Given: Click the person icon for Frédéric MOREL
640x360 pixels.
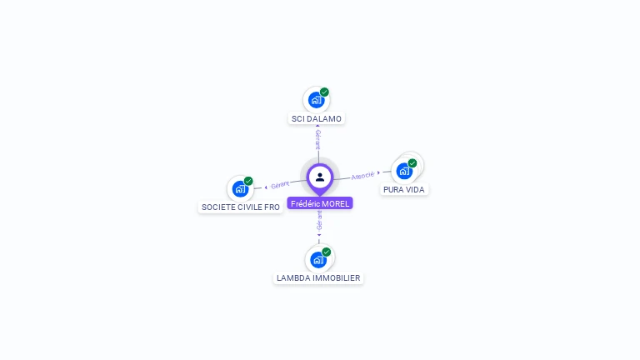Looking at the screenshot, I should tap(320, 177).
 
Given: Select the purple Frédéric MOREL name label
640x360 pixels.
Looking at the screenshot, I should tap(320, 203).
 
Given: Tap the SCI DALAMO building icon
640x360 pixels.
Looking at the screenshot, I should tap(316, 100).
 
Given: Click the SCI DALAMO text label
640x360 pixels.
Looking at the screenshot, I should tap(317, 119).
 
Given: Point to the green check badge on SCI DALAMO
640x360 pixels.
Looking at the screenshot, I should tap(324, 92).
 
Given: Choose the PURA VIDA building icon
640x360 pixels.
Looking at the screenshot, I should tap(404, 172).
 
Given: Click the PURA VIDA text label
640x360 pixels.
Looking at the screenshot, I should tap(404, 190).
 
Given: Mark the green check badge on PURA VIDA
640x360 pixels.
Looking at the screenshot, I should tap(412, 163).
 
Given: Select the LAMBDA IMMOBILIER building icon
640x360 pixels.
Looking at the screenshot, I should tap(317, 259).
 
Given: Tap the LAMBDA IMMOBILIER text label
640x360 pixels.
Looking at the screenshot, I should tap(318, 278).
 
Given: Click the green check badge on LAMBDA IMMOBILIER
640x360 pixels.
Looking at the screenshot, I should tap(327, 252).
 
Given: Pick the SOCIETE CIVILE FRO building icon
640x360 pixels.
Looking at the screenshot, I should tap(240, 188).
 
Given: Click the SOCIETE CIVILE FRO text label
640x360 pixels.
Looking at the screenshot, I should tap(241, 207).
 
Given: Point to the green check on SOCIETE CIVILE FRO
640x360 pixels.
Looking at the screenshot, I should tap(248, 181).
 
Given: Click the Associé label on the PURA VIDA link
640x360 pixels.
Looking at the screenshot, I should tap(362, 175).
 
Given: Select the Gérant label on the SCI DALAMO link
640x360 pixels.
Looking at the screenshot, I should tap(318, 139).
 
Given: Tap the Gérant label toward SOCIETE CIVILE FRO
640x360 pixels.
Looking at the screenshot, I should tap(280, 184).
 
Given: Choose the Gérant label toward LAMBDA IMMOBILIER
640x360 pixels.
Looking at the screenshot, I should tap(319, 220).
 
